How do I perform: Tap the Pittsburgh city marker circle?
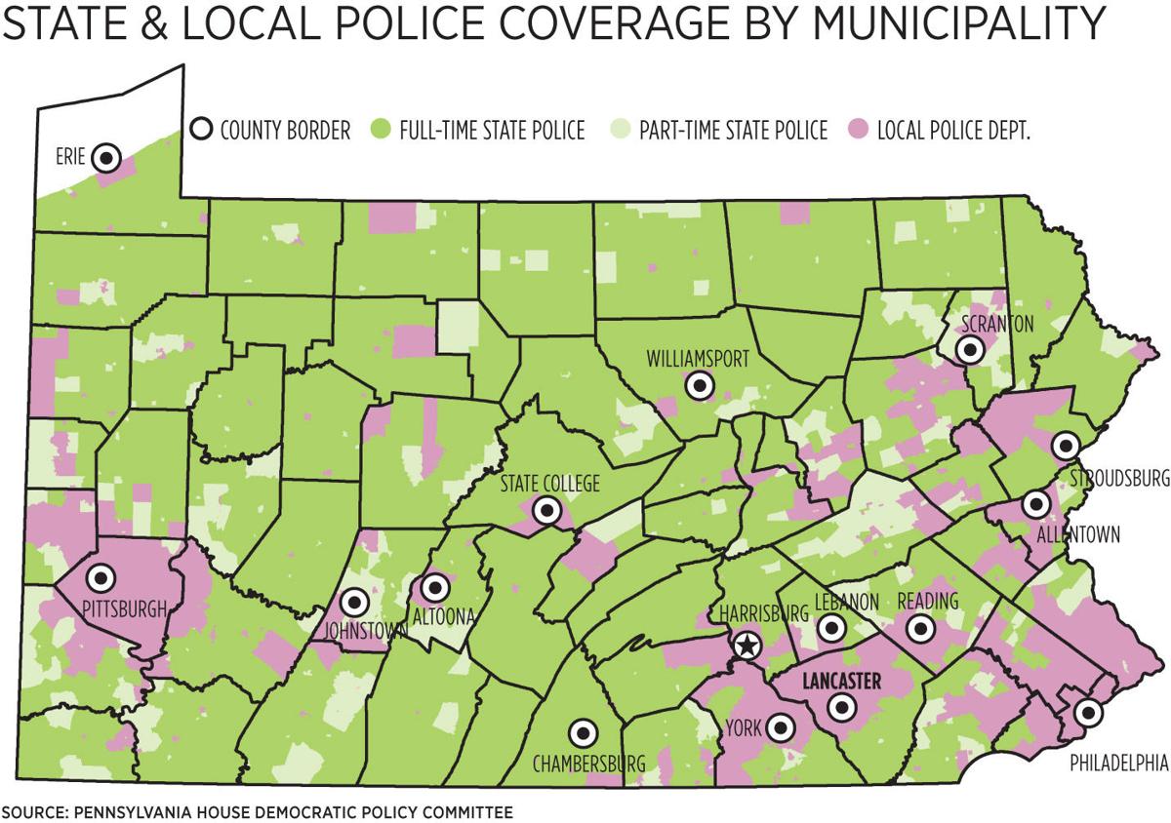100,577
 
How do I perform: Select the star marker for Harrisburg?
747,644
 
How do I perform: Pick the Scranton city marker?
970,349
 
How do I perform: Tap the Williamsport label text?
698,360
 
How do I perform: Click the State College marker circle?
547,509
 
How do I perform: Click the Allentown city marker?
1035,505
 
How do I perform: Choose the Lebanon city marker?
831,627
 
